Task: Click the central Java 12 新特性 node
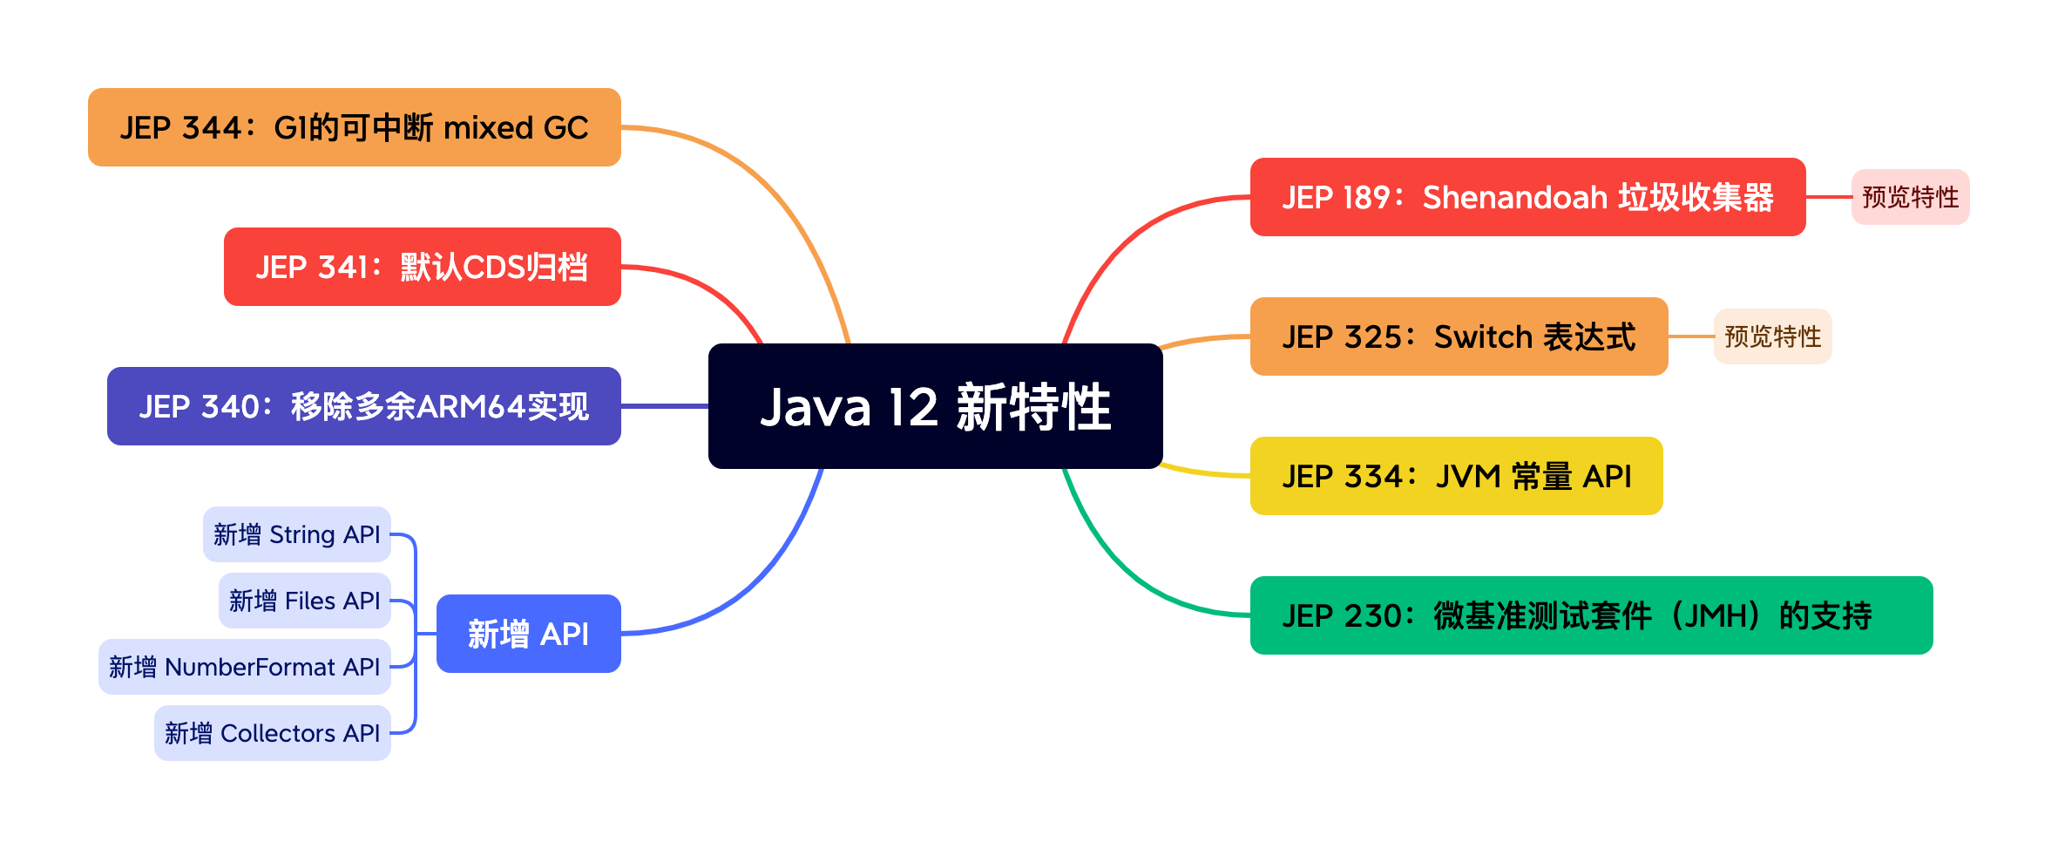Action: click(935, 406)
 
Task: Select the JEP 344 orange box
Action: click(354, 127)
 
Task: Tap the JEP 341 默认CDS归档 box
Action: click(422, 267)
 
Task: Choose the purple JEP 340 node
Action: click(363, 406)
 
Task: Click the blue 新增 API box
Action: click(528, 634)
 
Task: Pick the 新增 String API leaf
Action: click(296, 534)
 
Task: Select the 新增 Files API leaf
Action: click(304, 601)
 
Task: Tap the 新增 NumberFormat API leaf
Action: click(244, 667)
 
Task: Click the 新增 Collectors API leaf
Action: click(272, 733)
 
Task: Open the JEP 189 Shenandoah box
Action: click(1527, 197)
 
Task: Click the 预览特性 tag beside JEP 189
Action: click(1910, 197)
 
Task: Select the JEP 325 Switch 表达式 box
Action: click(1459, 336)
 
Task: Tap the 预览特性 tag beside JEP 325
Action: click(1772, 336)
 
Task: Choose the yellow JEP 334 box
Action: click(1456, 476)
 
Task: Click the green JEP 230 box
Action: click(1591, 615)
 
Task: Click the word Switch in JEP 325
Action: click(1483, 336)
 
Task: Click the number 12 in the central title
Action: click(912, 407)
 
